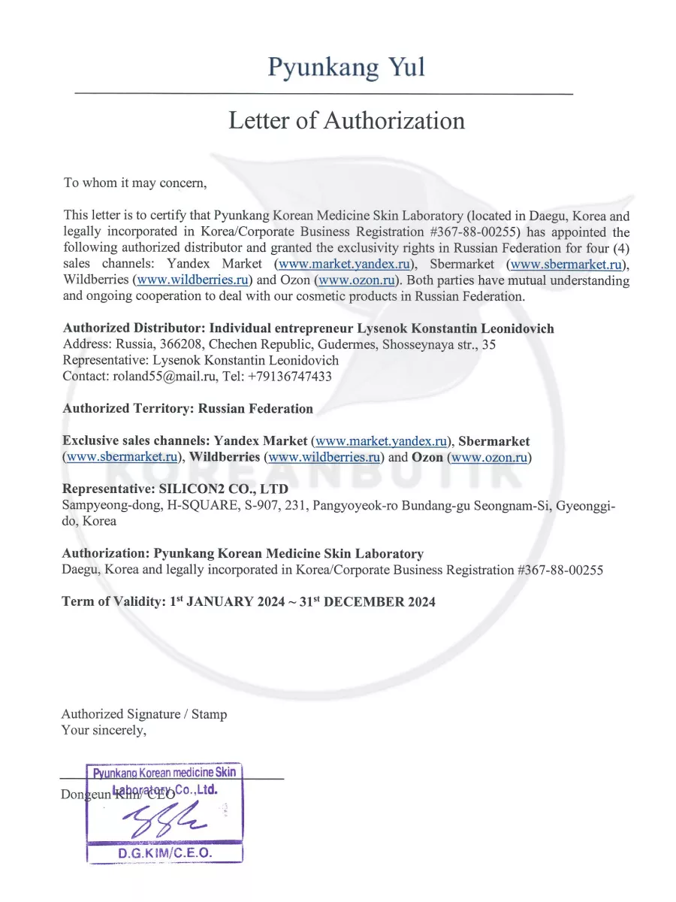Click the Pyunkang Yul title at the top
point(346,67)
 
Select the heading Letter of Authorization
point(346,120)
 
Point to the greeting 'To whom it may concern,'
point(134,183)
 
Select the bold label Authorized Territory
point(128,409)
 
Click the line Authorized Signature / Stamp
point(143,714)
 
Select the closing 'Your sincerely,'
point(104,730)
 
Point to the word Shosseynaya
point(418,344)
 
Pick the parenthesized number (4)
point(618,248)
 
